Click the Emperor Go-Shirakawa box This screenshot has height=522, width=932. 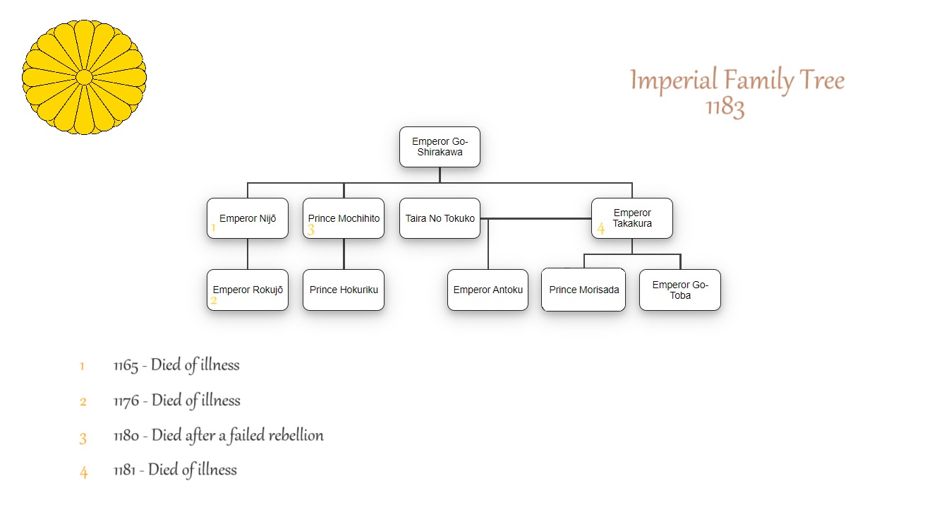440,147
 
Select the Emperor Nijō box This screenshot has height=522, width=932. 248,218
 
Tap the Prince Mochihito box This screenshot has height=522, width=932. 344,218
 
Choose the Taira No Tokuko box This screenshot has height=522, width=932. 440,218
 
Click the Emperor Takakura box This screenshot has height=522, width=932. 632,218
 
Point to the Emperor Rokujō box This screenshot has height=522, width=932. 248,290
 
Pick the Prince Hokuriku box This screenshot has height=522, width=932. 344,290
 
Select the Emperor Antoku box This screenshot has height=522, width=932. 488,290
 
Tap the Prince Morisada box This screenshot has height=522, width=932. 583,290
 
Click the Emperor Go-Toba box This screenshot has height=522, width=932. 680,290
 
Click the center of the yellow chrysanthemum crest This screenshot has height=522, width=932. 84,77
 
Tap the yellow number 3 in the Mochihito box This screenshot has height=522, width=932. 311,230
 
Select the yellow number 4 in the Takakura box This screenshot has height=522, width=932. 600,228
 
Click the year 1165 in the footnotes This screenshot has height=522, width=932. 126,366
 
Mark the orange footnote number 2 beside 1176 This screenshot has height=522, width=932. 83,402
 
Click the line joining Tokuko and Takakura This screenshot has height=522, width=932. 536,218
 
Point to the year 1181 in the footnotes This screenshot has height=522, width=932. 124,470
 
